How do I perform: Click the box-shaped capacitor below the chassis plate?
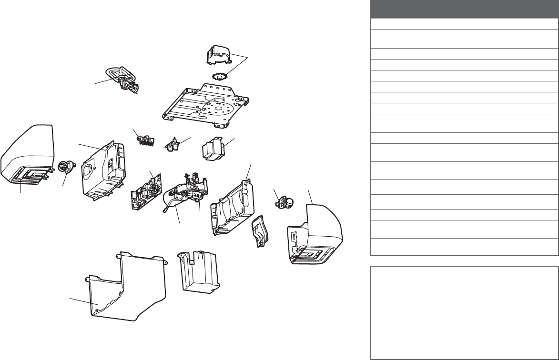pyautogui.click(x=213, y=150)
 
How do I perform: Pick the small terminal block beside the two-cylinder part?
pyautogui.click(x=145, y=140)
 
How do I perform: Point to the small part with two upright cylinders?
pyautogui.click(x=173, y=144)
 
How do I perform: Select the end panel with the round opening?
pyautogui.click(x=102, y=171)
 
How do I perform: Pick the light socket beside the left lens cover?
pyautogui.click(x=64, y=167)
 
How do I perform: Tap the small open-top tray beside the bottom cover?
pyautogui.click(x=197, y=271)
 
